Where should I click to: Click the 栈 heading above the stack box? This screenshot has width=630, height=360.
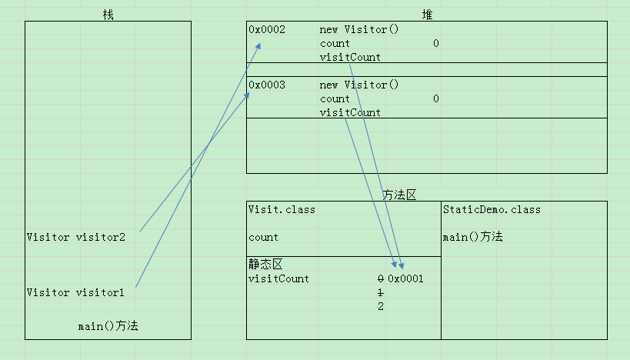(108, 15)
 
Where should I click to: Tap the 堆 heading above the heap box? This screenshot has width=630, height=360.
(427, 15)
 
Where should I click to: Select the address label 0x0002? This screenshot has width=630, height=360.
(267, 30)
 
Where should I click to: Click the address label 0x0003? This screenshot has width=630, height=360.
(267, 85)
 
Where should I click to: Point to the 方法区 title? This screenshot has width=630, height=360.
(399, 195)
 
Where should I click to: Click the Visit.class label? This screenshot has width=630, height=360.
(282, 210)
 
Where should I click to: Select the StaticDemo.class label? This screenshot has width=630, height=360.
(492, 210)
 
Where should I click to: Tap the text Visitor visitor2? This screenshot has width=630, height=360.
(76, 238)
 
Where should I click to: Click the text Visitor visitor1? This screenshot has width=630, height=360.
(75, 293)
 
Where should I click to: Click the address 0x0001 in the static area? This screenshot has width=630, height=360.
(405, 278)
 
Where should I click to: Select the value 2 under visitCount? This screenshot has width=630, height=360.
(381, 307)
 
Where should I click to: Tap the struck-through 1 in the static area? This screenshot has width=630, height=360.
(381, 293)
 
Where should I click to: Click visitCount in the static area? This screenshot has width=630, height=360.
(278, 278)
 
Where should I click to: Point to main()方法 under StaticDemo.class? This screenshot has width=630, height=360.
(472, 237)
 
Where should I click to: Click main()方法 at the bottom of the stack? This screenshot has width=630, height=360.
(108, 326)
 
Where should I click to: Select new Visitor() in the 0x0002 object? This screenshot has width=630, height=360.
(359, 30)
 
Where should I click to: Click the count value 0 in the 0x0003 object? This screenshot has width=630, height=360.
(436, 98)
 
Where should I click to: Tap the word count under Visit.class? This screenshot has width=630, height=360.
(263, 238)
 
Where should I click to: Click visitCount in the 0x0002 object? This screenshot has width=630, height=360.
(350, 58)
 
